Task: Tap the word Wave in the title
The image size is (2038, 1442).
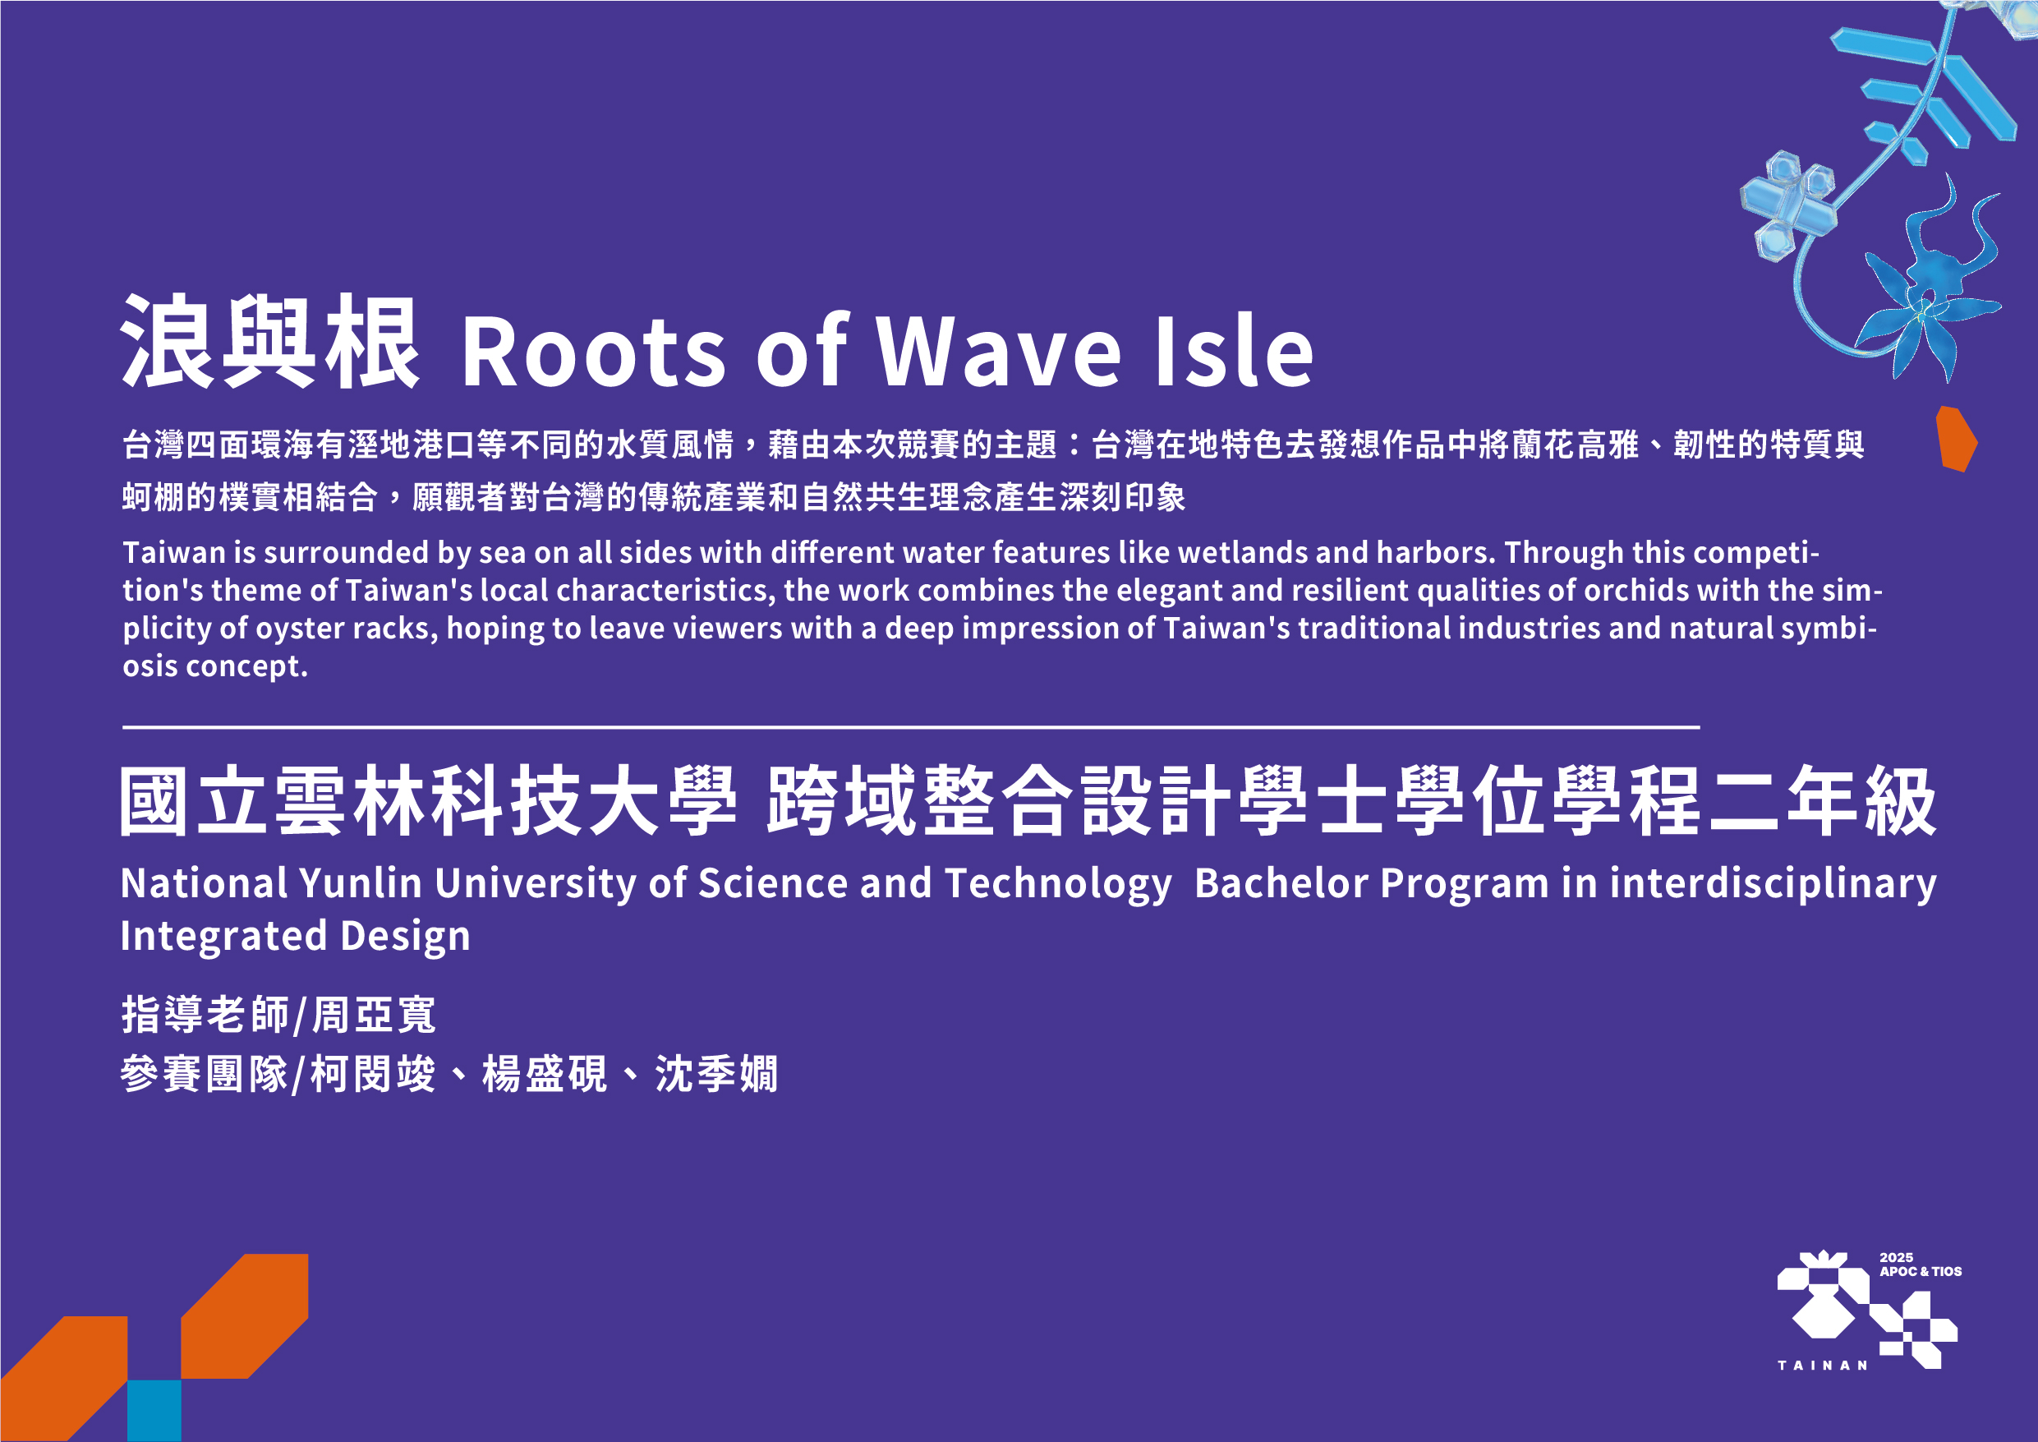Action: click(x=999, y=351)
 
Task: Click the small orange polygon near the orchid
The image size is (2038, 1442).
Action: click(x=1956, y=439)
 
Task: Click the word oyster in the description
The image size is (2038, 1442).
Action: click(x=299, y=629)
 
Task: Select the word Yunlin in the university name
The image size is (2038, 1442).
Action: click(x=361, y=883)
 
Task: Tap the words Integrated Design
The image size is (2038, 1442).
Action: click(x=296, y=936)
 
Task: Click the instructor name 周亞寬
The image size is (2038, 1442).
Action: click(x=374, y=1015)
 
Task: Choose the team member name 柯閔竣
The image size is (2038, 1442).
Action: click(x=373, y=1075)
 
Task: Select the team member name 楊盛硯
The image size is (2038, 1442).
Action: click(x=545, y=1075)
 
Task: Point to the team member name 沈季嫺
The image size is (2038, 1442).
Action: click(x=717, y=1075)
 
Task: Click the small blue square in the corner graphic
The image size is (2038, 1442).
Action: click(x=154, y=1411)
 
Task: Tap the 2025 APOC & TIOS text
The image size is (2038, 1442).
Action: click(x=1920, y=1265)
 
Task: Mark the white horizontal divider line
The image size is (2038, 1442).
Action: click(x=911, y=727)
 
